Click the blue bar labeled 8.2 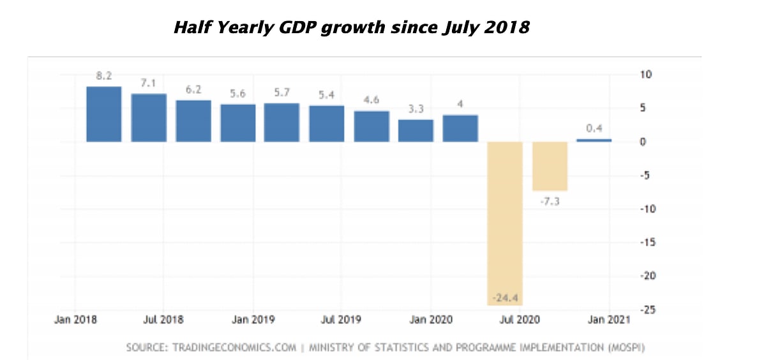click(103, 114)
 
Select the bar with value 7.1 click(149, 117)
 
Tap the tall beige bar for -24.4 click(505, 223)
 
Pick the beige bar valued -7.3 click(550, 166)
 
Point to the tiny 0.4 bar click(594, 140)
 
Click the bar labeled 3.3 click(416, 131)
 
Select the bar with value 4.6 click(372, 126)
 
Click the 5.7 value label click(282, 93)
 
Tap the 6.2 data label click(193, 89)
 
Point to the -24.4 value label click(505, 298)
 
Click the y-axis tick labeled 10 click(645, 75)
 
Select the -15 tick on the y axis click(648, 243)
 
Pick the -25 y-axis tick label click(648, 310)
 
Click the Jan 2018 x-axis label click(75, 320)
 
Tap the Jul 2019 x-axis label click(341, 320)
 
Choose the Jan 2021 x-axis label click(609, 320)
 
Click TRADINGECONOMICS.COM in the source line click(234, 348)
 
